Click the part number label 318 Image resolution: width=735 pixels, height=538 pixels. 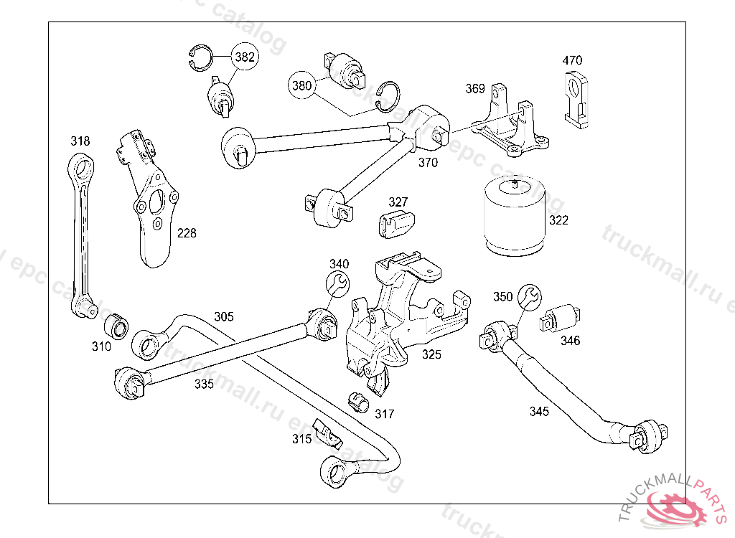[x=80, y=141]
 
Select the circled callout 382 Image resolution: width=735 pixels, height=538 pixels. [x=245, y=58]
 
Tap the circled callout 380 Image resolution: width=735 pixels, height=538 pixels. [x=302, y=85]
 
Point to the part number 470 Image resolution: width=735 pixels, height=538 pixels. [x=572, y=60]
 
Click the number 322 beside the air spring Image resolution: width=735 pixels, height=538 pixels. [x=558, y=220]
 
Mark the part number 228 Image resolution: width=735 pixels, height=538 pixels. [x=186, y=233]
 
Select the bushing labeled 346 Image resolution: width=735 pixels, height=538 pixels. [x=561, y=317]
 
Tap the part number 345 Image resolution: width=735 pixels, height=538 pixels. [x=539, y=411]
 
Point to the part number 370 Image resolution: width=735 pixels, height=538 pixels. [x=428, y=163]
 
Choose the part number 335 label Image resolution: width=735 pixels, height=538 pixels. [x=204, y=384]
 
